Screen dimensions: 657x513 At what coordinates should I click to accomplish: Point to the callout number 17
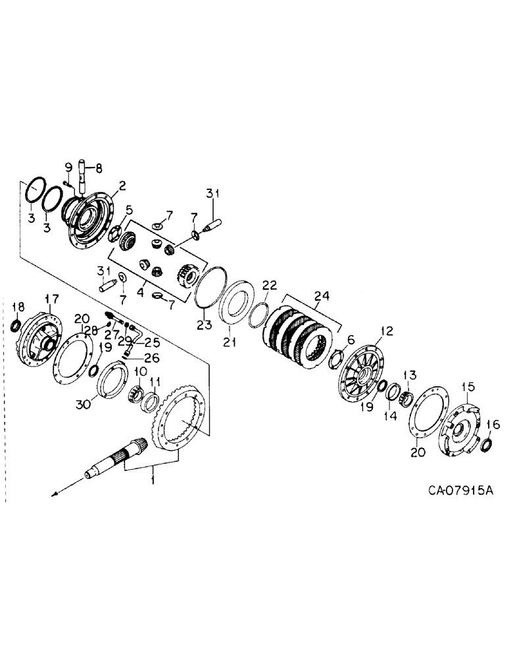[51, 298]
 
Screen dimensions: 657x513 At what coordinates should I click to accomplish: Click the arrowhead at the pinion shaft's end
[55, 491]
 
